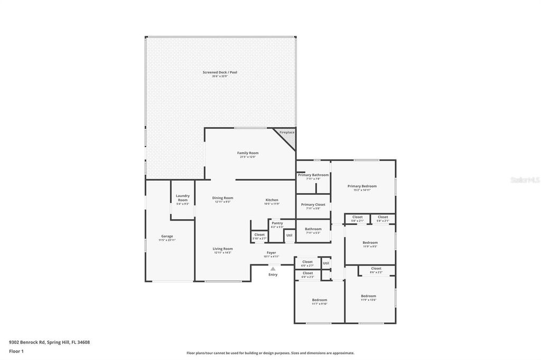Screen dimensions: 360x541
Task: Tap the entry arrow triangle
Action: point(273,269)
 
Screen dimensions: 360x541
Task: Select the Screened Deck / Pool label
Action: point(220,72)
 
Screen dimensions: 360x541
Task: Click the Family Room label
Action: point(248,153)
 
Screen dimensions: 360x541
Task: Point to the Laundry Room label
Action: point(183,198)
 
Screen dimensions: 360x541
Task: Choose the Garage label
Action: point(167,236)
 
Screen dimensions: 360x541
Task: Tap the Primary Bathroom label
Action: point(313,175)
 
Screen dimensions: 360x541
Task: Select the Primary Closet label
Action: point(313,205)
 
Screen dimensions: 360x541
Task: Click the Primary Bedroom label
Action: point(362,186)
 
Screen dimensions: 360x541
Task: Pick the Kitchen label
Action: point(272,200)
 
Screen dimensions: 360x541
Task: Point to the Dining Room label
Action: point(223,198)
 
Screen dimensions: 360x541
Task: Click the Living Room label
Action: point(223,249)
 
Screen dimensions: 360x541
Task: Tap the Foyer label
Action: point(271,253)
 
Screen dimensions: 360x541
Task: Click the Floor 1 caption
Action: point(16,351)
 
